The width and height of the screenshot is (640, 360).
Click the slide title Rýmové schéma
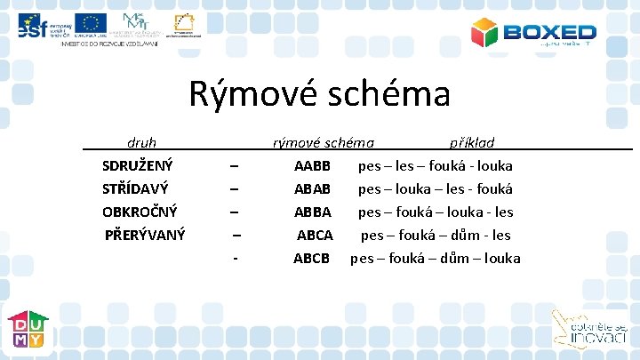(319, 93)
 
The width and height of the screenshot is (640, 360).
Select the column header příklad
(472, 142)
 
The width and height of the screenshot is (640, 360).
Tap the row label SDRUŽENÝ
(138, 165)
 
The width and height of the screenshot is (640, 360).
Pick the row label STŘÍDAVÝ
(135, 188)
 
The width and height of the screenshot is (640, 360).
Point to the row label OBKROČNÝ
(140, 212)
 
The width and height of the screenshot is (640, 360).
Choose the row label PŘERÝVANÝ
(145, 235)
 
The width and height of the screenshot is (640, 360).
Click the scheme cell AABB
(312, 165)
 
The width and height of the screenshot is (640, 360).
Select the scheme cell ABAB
(312, 188)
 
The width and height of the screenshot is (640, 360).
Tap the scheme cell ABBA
(312, 212)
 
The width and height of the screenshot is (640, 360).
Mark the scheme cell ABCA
(315, 235)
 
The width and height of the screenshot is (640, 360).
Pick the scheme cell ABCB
(311, 258)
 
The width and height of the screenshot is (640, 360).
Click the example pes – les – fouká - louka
(435, 165)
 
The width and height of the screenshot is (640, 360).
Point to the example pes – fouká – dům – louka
(435, 258)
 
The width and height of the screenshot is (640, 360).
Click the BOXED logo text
(550, 32)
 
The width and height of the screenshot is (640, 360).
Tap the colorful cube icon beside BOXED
(485, 33)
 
